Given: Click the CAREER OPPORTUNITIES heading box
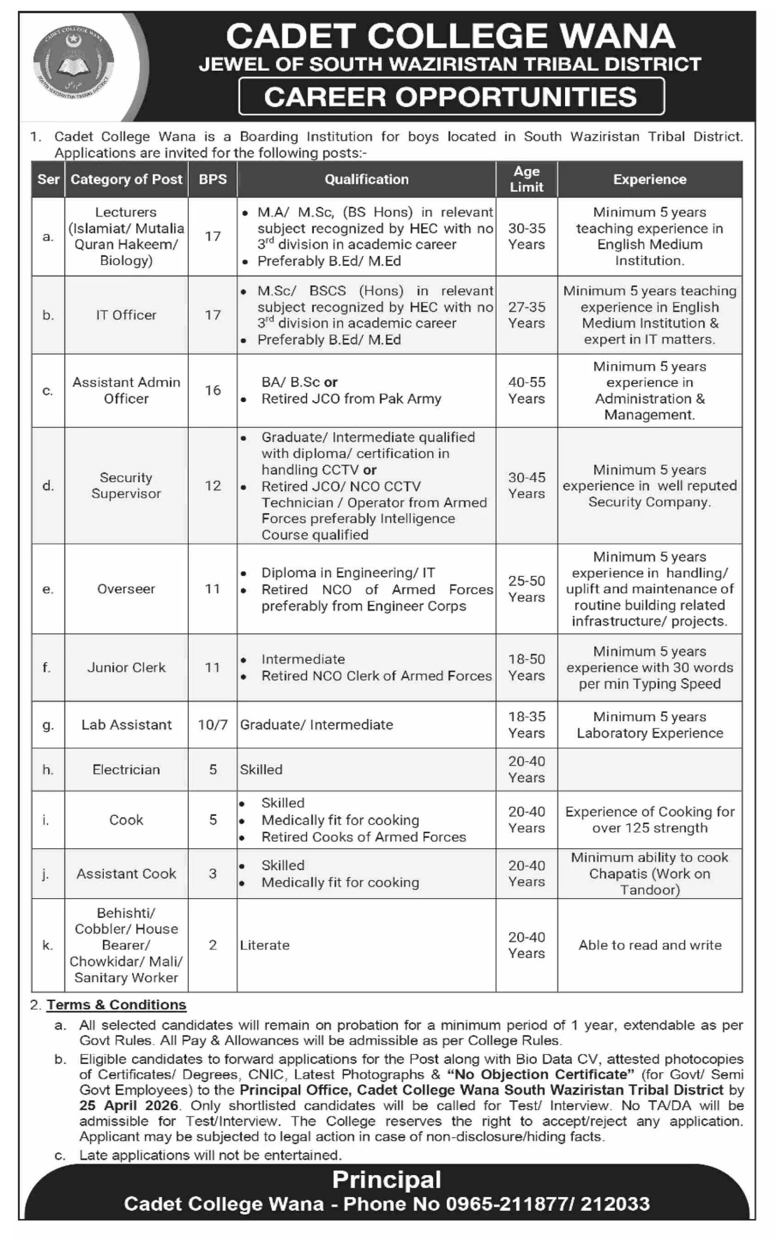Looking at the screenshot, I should (451, 96).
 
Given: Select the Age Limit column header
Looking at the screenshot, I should (526, 179).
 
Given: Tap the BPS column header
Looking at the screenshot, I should (212, 179).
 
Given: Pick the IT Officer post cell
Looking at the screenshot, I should (126, 315).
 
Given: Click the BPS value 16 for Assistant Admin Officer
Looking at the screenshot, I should (212, 390).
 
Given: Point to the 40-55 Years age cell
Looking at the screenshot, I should (526, 390).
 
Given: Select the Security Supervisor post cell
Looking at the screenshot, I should (126, 485).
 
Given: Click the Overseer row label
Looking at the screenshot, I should (126, 589).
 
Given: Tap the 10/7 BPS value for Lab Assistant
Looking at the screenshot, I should (212, 725).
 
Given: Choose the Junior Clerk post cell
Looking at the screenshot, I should (126, 668).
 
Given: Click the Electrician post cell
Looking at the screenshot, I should (126, 770).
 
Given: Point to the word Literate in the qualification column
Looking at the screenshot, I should (264, 945).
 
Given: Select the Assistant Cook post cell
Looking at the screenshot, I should (126, 874).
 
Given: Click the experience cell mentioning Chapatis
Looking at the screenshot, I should (649, 874).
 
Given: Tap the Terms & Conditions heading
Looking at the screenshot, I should (116, 1005).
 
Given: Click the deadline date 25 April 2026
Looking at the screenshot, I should (129, 1105).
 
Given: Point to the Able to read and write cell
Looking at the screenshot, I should (649, 945).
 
